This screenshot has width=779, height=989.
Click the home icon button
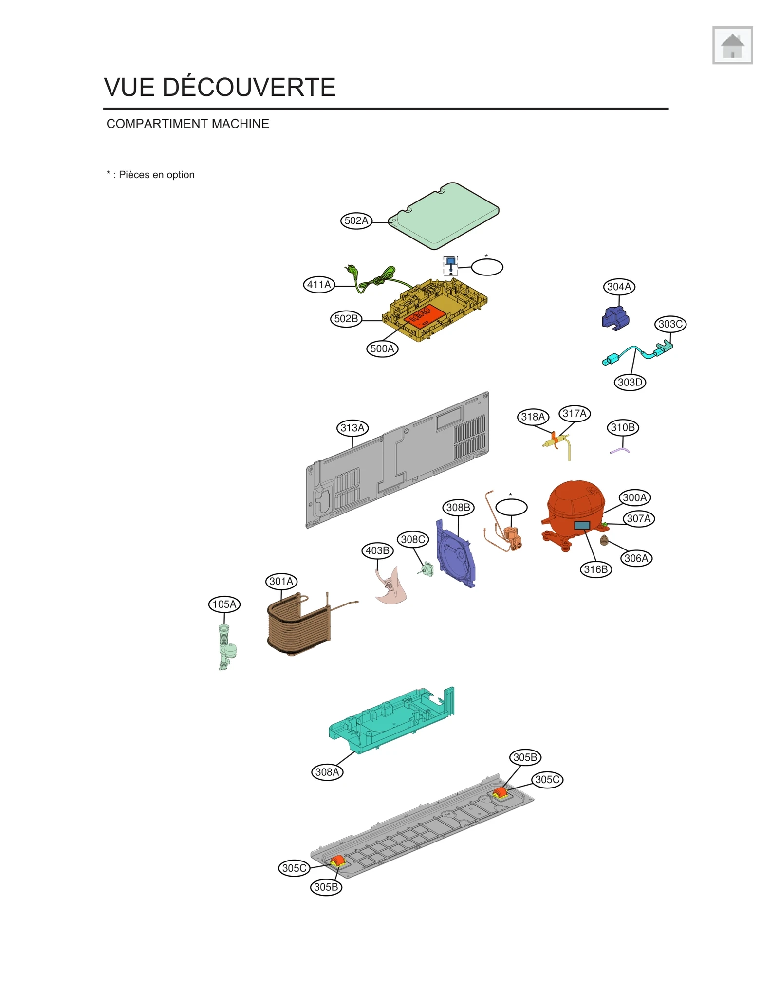coord(732,45)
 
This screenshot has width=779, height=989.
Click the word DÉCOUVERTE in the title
coord(248,88)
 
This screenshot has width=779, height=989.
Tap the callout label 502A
coord(356,220)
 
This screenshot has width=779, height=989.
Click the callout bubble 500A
coord(382,348)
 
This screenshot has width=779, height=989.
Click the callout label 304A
coord(619,287)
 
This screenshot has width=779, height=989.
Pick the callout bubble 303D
coord(630,382)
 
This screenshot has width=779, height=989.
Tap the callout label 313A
coord(352,428)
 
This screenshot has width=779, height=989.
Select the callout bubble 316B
coord(595,569)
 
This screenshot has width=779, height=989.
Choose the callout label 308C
coord(413,539)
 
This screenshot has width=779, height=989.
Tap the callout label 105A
coord(224,604)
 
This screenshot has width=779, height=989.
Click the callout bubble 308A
coord(327,772)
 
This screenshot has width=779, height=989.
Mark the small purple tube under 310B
coord(620,451)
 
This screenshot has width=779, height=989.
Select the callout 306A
coord(636,558)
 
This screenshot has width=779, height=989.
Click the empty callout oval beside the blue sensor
coord(487,267)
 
